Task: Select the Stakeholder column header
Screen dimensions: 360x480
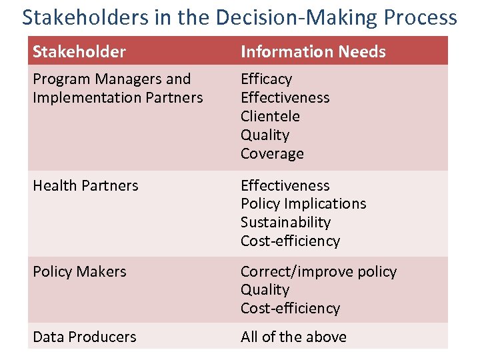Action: point(79,51)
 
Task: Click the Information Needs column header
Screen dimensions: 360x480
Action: point(313,51)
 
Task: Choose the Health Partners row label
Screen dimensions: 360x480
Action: point(85,185)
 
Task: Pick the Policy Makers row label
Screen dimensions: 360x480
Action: point(79,271)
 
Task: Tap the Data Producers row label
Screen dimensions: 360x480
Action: point(85,337)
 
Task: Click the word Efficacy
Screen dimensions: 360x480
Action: point(266,79)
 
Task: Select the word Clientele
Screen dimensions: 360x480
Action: point(270,116)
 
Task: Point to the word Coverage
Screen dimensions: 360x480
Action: point(272,153)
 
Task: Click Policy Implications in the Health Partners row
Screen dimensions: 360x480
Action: point(303,203)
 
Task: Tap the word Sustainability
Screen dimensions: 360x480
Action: point(285,222)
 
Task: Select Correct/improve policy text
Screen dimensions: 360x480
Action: point(318,271)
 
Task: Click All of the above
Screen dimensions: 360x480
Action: point(293,337)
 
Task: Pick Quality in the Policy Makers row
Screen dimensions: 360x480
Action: point(265,289)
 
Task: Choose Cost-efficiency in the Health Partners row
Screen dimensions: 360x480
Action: point(290,241)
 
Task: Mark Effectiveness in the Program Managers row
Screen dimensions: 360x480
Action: point(285,97)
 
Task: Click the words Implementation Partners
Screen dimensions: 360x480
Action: point(117,97)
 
